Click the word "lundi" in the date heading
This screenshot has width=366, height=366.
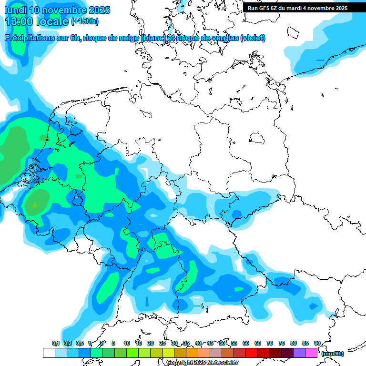pyautogui.click(x=16, y=10)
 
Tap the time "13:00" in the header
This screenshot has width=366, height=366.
pyautogui.click(x=19, y=21)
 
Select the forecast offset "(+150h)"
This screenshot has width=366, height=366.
pyautogui.click(x=84, y=21)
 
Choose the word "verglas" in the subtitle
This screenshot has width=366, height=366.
pyautogui.click(x=224, y=38)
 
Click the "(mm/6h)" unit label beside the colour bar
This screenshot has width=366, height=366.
pyautogui.click(x=333, y=354)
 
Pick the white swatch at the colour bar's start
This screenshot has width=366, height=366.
pyautogui.click(x=49, y=353)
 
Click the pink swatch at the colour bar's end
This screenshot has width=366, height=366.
pyautogui.click(x=311, y=353)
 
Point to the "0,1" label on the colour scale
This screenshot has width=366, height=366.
pyautogui.click(x=56, y=343)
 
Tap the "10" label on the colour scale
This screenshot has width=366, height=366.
pyautogui.click(x=127, y=343)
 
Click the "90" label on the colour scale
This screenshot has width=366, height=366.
pyautogui.click(x=317, y=343)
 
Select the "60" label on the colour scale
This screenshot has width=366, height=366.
pyautogui.click(x=246, y=343)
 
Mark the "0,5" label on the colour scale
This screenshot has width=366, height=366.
pyautogui.click(x=79, y=343)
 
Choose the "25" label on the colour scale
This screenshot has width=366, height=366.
pyautogui.click(x=163, y=343)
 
